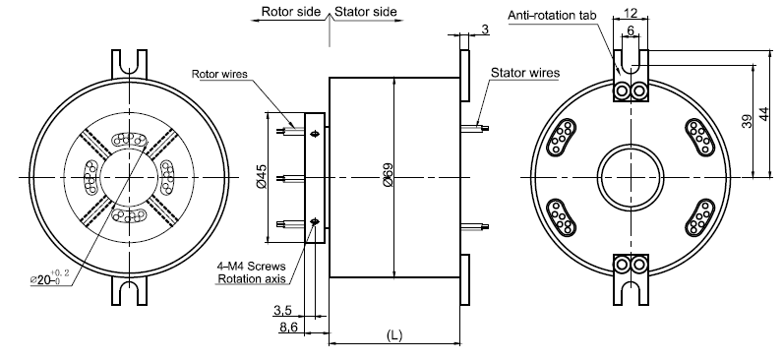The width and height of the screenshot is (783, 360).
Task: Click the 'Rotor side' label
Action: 291,12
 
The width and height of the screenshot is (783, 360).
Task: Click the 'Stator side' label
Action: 366,12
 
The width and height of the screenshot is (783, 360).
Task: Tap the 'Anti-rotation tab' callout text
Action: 552,16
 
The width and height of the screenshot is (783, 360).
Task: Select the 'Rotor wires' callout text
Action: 219,75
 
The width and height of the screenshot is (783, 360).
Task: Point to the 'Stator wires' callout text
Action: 525,73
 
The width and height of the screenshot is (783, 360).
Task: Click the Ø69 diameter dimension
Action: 388,175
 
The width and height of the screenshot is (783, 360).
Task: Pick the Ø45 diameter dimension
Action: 262,177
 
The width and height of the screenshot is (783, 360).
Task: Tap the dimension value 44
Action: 764,113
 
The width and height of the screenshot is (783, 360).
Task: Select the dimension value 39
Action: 747,121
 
